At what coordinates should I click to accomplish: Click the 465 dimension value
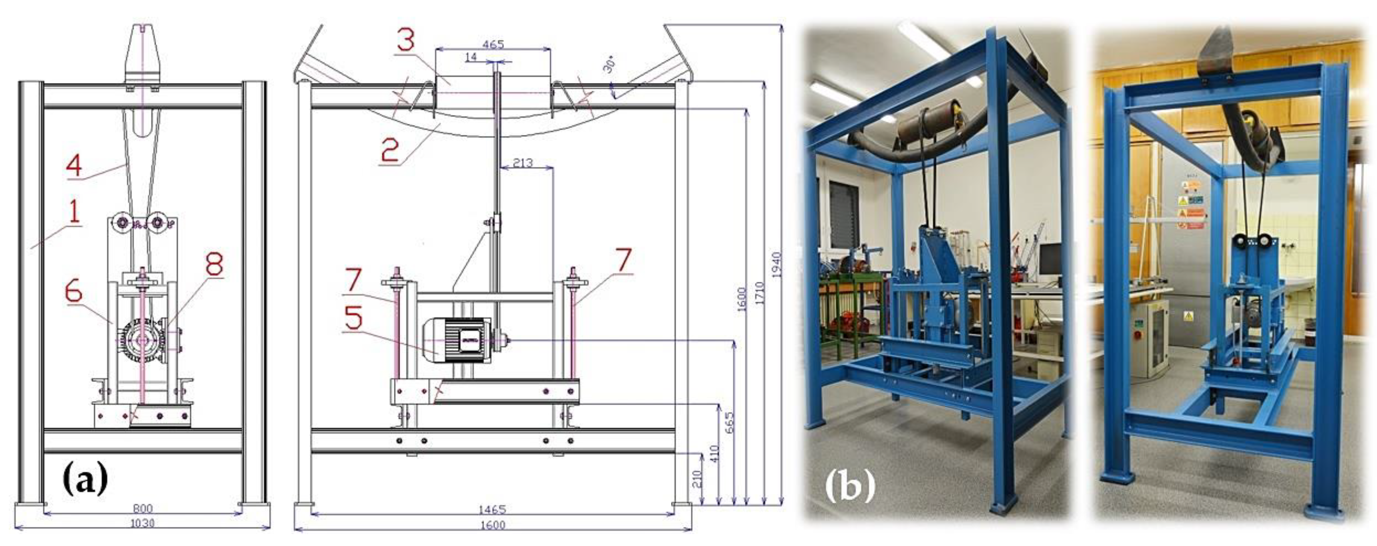(x=493, y=44)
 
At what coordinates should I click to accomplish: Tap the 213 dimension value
(x=522, y=162)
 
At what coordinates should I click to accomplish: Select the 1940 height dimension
(x=776, y=265)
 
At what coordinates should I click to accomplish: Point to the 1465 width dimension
(x=492, y=510)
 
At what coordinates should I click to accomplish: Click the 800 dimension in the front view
(x=142, y=508)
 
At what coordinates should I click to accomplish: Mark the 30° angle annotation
(x=609, y=65)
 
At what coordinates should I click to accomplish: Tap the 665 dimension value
(x=730, y=422)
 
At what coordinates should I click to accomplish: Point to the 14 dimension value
(x=471, y=57)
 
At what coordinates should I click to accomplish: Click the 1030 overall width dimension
(x=142, y=523)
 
